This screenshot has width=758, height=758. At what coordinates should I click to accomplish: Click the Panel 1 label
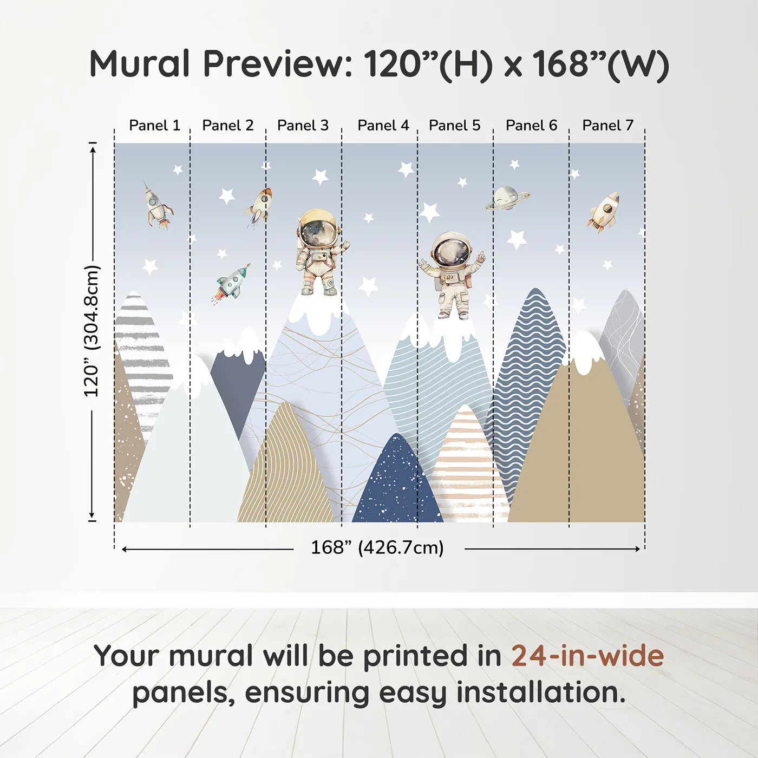[155, 125]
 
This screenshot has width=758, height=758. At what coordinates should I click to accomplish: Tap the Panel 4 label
[383, 125]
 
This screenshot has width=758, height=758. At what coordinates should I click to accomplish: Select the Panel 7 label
[607, 125]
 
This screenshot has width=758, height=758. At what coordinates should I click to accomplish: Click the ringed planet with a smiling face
[507, 198]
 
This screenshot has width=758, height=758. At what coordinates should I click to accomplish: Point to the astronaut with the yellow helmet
[319, 252]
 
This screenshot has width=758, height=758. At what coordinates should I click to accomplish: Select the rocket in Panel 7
[604, 212]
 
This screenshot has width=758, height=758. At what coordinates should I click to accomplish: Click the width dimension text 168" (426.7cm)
[377, 547]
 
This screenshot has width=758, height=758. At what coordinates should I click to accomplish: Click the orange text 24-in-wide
[587, 656]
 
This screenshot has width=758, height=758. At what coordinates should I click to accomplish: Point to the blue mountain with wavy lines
[525, 397]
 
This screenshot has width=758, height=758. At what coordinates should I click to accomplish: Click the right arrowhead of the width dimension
[638, 549]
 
